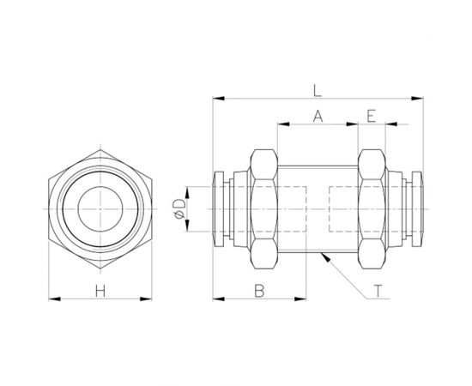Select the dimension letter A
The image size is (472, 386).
[x=317, y=116]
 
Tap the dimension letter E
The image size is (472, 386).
[x=371, y=116]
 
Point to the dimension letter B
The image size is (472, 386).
[x=258, y=291]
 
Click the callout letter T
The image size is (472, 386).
[x=378, y=291]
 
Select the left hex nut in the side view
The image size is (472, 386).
[x=261, y=208]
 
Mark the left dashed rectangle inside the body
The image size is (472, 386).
[x=292, y=208]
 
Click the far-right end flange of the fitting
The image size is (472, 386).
[x=421, y=208]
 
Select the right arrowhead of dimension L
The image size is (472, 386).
[x=421, y=98]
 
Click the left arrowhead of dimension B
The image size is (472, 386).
[x=217, y=299]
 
